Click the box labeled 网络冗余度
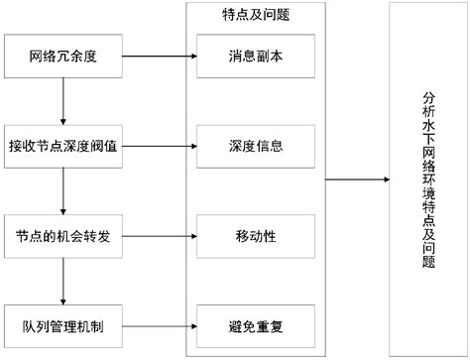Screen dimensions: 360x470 point(63,56)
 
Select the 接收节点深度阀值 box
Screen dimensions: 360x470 point(63,145)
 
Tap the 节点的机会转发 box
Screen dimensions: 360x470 point(63,235)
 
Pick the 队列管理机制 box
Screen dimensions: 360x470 point(63,324)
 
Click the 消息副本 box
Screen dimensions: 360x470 point(256,56)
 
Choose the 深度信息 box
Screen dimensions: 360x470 point(256,145)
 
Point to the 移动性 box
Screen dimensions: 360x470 point(256,235)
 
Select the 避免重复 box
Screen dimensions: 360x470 point(256,324)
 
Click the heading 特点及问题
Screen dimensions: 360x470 point(256,15)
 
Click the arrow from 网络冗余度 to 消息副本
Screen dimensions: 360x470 point(159,56)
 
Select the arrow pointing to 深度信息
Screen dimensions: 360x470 point(159,145)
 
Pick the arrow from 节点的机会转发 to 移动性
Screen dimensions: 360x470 point(159,235)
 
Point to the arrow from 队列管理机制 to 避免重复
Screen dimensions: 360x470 point(159,324)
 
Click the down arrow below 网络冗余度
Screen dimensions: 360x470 point(63,100)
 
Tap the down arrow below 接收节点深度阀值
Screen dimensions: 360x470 point(63,189)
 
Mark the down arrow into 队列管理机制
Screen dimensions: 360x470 point(63,280)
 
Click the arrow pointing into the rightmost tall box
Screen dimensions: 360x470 point(357,180)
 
